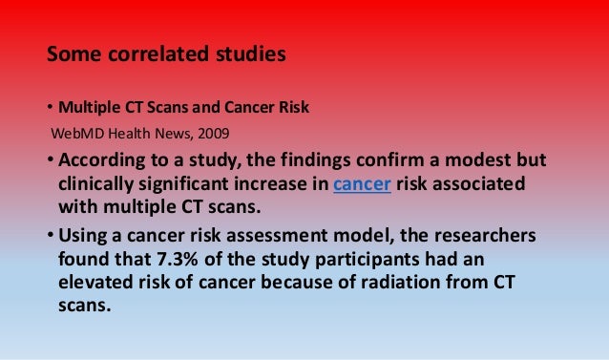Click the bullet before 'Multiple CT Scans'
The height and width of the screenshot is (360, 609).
pos(52,106)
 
